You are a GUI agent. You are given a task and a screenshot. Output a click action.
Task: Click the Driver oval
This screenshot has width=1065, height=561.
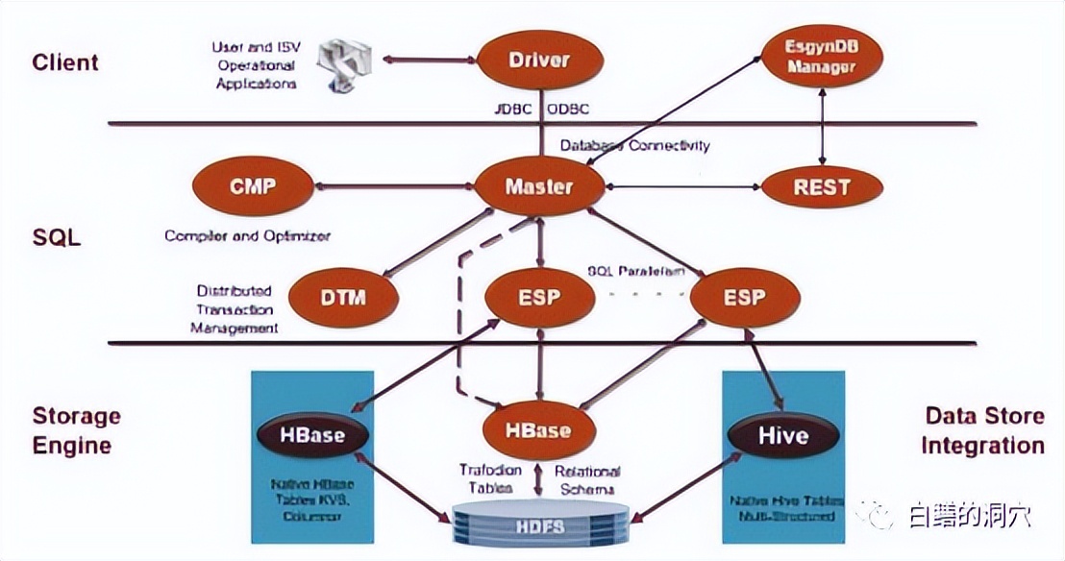[x=538, y=61]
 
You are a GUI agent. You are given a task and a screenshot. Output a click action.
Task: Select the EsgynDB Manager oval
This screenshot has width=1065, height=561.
[x=821, y=59]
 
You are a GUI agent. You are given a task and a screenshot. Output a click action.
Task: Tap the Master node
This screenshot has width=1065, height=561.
[x=539, y=187]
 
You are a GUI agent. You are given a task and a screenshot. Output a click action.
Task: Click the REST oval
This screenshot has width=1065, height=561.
[x=821, y=187]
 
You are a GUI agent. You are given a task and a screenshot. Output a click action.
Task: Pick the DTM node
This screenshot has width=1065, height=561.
[x=343, y=298]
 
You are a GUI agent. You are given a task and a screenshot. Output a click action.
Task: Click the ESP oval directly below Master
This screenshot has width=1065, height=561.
[x=538, y=298]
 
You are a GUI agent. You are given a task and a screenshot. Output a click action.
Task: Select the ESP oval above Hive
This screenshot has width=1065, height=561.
[x=745, y=298]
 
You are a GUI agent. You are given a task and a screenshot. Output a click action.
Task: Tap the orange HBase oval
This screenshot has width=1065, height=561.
[x=538, y=431]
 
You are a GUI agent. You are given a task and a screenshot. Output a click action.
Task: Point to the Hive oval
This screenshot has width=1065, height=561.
[x=783, y=435]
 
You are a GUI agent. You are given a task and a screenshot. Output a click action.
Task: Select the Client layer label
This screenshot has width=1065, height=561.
[x=65, y=63]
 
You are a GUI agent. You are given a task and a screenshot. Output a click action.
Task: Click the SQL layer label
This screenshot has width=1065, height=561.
[x=57, y=236]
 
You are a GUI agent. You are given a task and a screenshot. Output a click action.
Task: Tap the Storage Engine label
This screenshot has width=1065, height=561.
[x=77, y=430]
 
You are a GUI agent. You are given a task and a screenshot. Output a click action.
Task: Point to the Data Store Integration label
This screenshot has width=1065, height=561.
[x=982, y=430]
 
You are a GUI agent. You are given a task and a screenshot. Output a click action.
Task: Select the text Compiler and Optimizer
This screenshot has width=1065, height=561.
[x=247, y=235]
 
